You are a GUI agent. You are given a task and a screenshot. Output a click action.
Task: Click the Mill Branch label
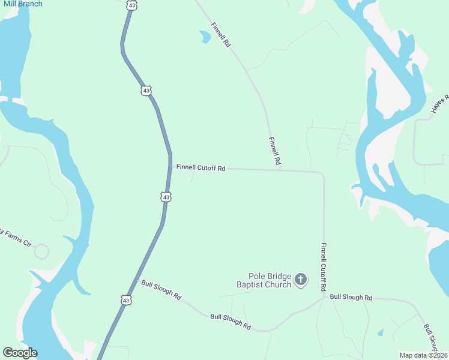pos(22,4)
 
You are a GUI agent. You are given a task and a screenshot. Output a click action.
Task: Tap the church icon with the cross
pos(301,279)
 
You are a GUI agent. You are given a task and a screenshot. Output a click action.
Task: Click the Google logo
pos(20,353)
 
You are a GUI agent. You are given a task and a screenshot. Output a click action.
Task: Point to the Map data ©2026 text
pos(423,355)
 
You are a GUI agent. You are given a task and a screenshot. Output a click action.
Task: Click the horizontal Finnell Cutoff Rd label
pos(200,168)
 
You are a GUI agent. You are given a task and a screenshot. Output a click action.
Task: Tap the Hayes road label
pos(439,104)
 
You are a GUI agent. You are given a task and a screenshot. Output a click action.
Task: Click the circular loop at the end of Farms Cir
pos(41,251)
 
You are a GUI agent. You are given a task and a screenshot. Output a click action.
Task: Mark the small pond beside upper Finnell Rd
pos(205,37)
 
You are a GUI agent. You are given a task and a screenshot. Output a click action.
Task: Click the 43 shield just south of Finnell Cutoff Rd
pos(166,196)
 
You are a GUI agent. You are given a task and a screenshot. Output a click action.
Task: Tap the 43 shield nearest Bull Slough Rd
pos(125,299)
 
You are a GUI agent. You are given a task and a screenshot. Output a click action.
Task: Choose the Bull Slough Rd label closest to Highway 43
pos(161,289)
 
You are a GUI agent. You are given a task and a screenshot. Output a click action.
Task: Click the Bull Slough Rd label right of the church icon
pos(351,297)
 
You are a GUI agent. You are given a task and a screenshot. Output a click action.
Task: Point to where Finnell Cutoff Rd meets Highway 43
pos(169,167)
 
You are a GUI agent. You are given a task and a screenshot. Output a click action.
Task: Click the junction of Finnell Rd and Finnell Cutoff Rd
pos(280,170)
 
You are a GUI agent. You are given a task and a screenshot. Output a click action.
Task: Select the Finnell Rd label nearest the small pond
pos(220,35)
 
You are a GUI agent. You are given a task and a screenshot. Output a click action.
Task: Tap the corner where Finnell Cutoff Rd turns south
pos(322,174)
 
